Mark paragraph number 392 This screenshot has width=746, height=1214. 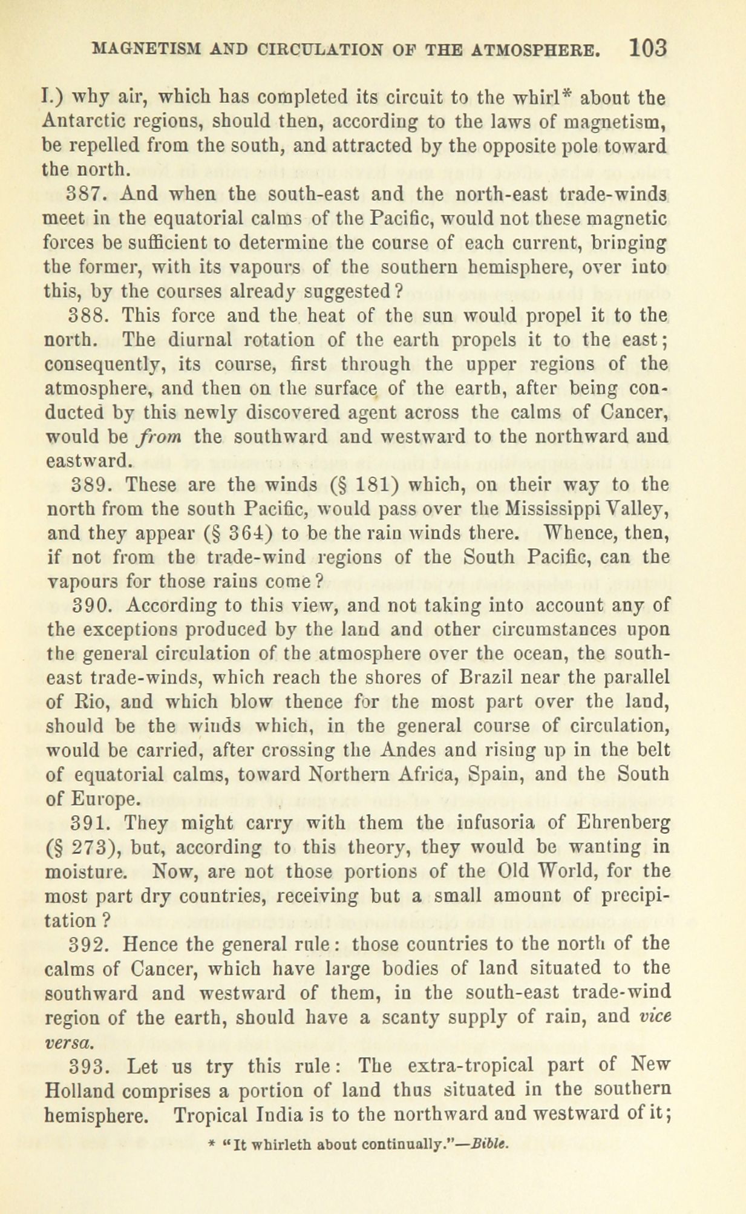91,944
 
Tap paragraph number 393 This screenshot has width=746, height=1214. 91,1065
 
